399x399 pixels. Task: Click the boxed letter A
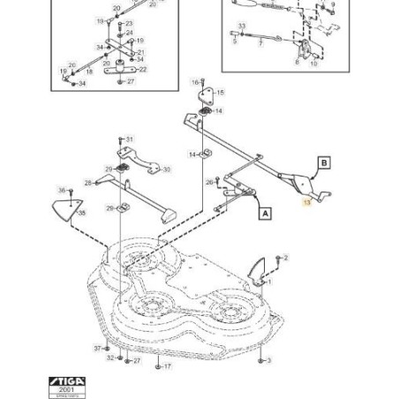[x=265, y=213]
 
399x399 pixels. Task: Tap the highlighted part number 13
[x=307, y=202]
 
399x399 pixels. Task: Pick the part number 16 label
[x=195, y=81]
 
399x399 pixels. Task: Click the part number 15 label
[x=220, y=92]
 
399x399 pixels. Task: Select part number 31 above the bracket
[x=130, y=139]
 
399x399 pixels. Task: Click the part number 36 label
[x=62, y=190]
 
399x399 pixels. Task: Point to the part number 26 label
[x=209, y=182]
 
